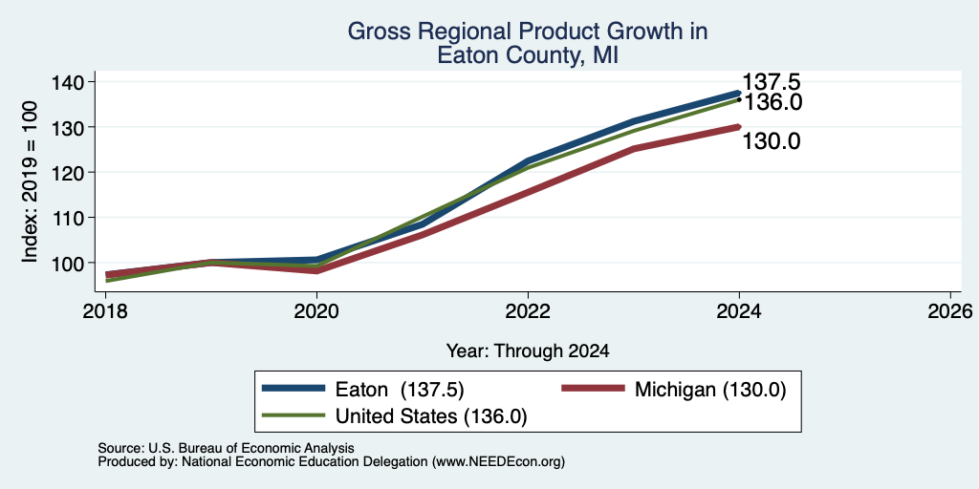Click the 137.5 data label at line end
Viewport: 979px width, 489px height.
coord(772,82)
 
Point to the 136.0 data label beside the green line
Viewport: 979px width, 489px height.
coord(772,102)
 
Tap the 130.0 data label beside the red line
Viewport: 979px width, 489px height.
coord(772,141)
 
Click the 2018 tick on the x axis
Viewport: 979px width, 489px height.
coord(105,310)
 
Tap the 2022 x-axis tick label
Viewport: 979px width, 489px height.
coord(528,310)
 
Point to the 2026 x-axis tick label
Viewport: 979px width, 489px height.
coord(950,310)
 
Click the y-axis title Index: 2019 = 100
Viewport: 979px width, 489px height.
coord(30,181)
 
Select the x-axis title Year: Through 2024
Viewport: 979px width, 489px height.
coord(528,351)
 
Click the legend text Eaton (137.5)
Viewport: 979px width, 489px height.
coord(400,389)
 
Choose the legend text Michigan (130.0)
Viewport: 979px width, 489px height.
coord(710,389)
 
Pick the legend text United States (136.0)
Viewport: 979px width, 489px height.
coord(431,416)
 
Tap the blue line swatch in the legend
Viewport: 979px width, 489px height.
coord(294,388)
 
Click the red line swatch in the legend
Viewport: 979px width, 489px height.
coord(593,388)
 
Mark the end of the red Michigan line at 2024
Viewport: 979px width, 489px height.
coord(739,127)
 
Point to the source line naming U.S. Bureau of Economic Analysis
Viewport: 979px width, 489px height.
coord(226,448)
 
